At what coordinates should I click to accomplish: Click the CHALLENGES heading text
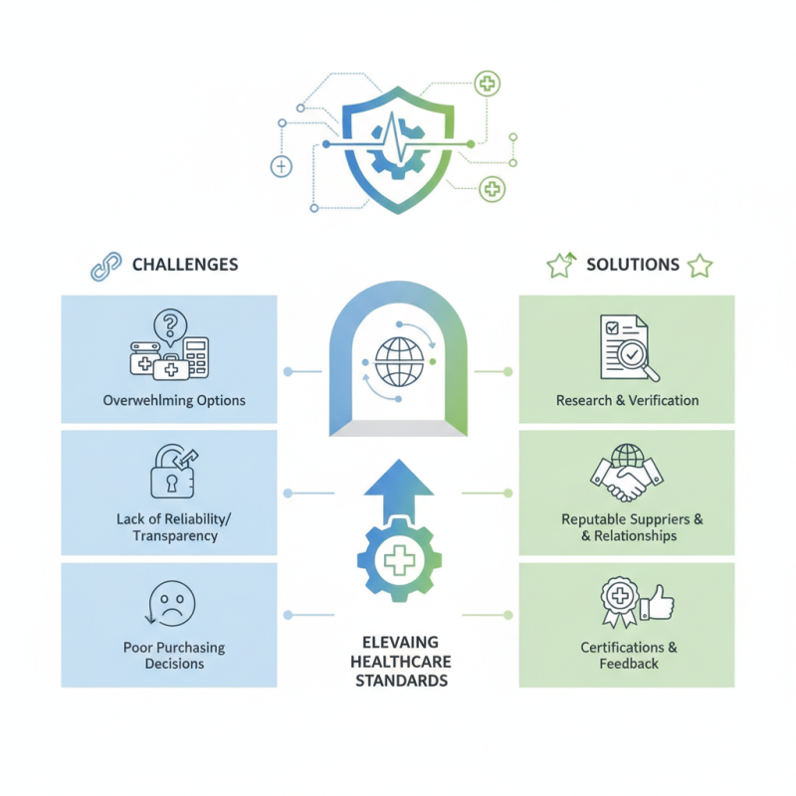click(x=185, y=265)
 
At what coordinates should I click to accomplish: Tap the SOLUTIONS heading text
click(x=633, y=265)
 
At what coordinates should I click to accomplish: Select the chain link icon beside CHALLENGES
click(x=106, y=267)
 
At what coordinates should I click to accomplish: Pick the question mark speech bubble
click(x=170, y=325)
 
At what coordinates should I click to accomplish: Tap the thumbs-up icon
click(x=657, y=603)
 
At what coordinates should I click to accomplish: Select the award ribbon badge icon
click(x=619, y=602)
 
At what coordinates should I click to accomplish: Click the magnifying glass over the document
click(x=636, y=357)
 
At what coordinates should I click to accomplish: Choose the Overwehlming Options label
click(x=174, y=401)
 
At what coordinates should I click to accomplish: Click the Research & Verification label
click(x=627, y=401)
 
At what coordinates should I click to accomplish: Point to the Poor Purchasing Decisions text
click(x=174, y=656)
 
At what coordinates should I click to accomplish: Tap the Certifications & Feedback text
click(x=629, y=656)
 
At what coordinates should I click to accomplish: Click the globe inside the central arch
click(x=399, y=362)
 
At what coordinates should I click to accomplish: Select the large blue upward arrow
click(x=399, y=492)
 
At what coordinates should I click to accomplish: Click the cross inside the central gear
click(x=399, y=560)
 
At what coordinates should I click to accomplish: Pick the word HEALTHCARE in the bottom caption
click(x=401, y=662)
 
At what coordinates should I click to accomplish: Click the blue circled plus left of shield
click(x=282, y=166)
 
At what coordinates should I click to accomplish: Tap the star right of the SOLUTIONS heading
click(x=700, y=266)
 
